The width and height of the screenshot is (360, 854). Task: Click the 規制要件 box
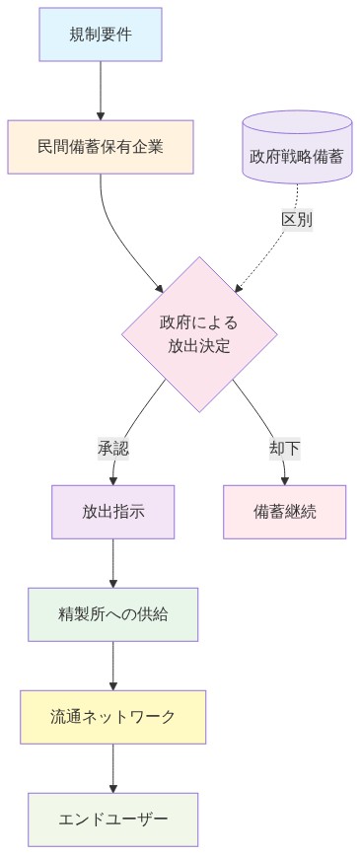(101, 35)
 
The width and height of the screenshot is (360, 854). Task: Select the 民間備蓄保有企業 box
(101, 146)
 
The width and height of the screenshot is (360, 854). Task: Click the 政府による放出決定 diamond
(198, 333)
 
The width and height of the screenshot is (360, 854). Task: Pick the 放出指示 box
(113, 512)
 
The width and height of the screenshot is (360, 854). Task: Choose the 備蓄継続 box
(284, 512)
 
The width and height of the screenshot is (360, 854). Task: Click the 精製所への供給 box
(113, 614)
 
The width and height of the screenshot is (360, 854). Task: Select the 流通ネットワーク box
(113, 717)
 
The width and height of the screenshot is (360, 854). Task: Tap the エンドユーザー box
(113, 819)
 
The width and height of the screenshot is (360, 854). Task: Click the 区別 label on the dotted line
(297, 220)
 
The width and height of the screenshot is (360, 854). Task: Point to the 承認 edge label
(113, 448)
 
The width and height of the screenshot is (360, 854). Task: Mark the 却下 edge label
(284, 448)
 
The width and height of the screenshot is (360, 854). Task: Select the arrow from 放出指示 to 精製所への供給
(113, 563)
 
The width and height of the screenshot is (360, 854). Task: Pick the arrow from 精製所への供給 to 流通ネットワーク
(113, 666)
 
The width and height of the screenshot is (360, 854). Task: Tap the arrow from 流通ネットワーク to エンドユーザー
(113, 768)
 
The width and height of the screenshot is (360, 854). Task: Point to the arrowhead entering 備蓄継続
(284, 480)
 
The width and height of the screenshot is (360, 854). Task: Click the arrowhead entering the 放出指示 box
(113, 480)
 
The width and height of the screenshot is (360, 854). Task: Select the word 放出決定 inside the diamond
(198, 346)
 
